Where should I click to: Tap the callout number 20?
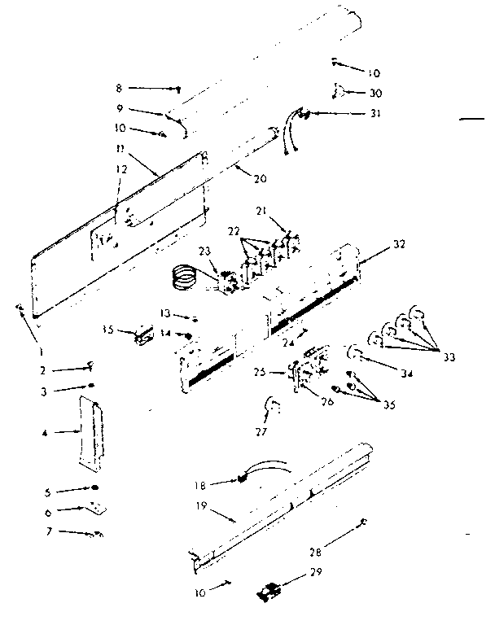(261, 178)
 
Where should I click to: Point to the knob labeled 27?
(274, 404)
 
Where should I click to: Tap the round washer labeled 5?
(94, 488)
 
